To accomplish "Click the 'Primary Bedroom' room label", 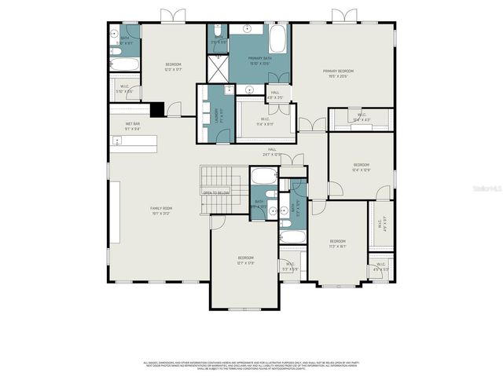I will [x=343, y=71].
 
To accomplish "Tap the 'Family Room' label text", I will [x=161, y=208].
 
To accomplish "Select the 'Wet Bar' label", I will [x=132, y=124].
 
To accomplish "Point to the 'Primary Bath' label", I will [x=259, y=58].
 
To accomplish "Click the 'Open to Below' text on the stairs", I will [x=216, y=192].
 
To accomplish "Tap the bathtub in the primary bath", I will [x=278, y=38].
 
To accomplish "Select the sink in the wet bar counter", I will [x=117, y=141].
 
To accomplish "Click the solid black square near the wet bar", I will [x=157, y=110].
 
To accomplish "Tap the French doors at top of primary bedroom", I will [x=343, y=16].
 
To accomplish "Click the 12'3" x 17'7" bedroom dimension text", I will [x=173, y=70].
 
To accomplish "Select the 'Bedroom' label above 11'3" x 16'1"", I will [x=337, y=240].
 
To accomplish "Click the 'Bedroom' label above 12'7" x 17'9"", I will [x=246, y=258].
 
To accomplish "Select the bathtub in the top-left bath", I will [x=124, y=64].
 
